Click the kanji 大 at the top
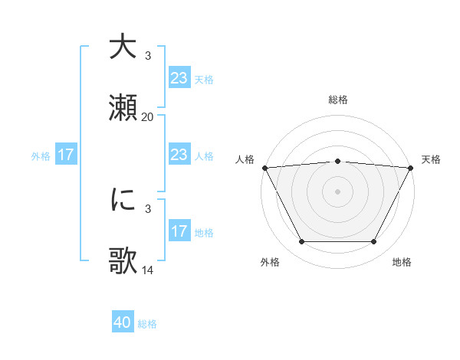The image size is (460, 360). [x=123, y=47]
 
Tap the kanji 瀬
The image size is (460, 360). [x=123, y=108]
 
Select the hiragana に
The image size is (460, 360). [x=123, y=200]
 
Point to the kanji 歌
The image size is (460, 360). [x=123, y=261]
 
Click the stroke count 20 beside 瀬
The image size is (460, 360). [x=147, y=116]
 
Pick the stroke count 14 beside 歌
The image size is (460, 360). [x=147, y=270]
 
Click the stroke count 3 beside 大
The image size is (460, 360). [x=147, y=55]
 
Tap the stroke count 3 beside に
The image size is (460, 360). [x=147, y=208]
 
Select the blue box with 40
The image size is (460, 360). [x=123, y=323]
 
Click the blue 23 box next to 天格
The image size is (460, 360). [x=179, y=78]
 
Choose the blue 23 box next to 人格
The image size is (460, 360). [x=179, y=155]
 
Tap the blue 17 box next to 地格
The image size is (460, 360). [x=179, y=231]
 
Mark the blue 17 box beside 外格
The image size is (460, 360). [x=66, y=155]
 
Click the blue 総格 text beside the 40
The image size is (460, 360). [x=147, y=324]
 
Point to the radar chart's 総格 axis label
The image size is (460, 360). [x=337, y=100]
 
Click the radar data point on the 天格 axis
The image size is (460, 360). [x=412, y=167]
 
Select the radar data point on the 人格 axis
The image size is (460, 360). [x=264, y=167]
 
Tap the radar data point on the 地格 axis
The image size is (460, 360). [x=374, y=242]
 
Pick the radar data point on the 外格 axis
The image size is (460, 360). [x=301, y=242]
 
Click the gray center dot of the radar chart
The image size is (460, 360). [x=337, y=191]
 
